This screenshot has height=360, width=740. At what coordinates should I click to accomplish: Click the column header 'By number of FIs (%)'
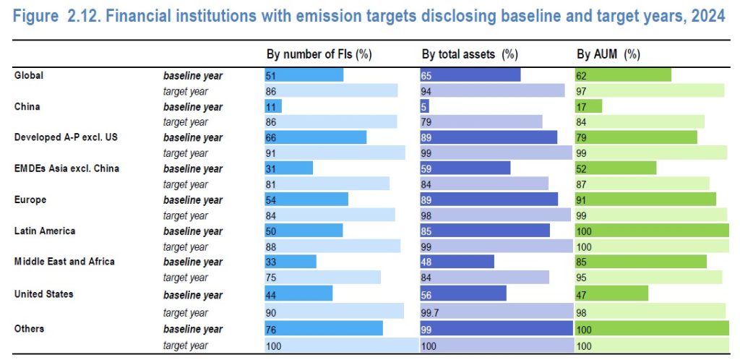click(x=319, y=54)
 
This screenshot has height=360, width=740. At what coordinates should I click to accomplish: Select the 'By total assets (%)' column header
click(x=470, y=54)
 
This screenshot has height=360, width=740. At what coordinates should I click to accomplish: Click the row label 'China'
click(x=27, y=106)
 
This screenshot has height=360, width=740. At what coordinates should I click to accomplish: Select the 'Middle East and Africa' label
click(x=64, y=261)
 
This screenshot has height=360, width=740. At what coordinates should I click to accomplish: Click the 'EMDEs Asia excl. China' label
click(x=66, y=168)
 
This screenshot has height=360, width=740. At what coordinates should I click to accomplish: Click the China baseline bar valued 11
click(x=273, y=106)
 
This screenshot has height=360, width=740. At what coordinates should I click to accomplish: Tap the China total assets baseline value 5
click(x=425, y=106)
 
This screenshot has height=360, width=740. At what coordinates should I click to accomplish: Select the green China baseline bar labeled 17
click(x=588, y=106)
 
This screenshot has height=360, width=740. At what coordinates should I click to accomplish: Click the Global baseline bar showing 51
click(x=304, y=75)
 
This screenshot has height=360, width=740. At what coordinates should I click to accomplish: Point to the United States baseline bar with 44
click(x=298, y=294)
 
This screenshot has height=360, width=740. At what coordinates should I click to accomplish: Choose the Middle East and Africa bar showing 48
click(x=457, y=262)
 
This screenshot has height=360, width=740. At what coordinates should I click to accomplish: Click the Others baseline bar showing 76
click(x=324, y=329)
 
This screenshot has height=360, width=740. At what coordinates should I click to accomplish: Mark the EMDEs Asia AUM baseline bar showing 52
click(x=615, y=168)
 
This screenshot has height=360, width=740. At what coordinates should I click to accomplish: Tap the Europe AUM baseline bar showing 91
click(x=645, y=200)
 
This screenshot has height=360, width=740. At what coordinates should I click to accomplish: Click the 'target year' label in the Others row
click(x=186, y=346)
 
